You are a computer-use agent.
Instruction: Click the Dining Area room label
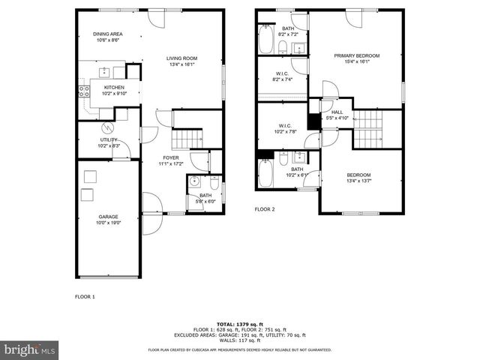pos(107,37)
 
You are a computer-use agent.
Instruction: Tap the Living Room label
pos(181,61)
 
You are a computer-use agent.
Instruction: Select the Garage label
pos(108,219)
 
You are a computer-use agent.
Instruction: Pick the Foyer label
pos(171,160)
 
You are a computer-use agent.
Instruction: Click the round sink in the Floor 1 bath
pos(194,181)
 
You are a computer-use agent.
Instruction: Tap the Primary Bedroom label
pos(356,58)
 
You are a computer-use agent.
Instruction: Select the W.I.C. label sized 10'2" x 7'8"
pos(285,128)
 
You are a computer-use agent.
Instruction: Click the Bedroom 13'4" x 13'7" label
pos(358,178)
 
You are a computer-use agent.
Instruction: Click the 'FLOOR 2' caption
pos(264,209)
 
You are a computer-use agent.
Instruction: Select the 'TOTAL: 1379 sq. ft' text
pos(240,323)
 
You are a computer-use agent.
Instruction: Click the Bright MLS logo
pos(30,349)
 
